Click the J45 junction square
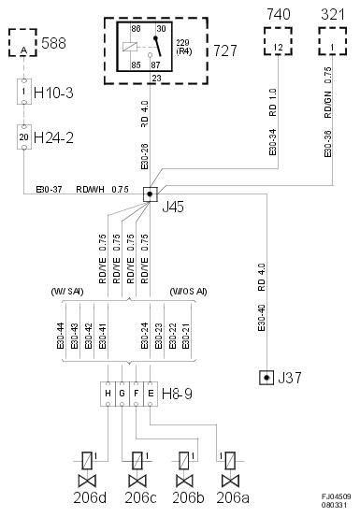[x=149, y=194]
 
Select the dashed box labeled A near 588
[x=23, y=44]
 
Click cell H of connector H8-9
[x=108, y=392]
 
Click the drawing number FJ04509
[x=337, y=496]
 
